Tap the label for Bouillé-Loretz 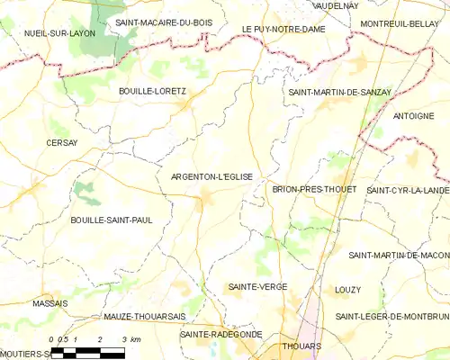point(152,91)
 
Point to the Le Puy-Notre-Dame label point(283,30)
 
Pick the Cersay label point(62,142)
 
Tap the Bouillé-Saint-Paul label point(111,220)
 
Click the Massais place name point(50,303)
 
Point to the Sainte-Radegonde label point(220,334)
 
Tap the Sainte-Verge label point(252,286)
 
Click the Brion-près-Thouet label point(314,190)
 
